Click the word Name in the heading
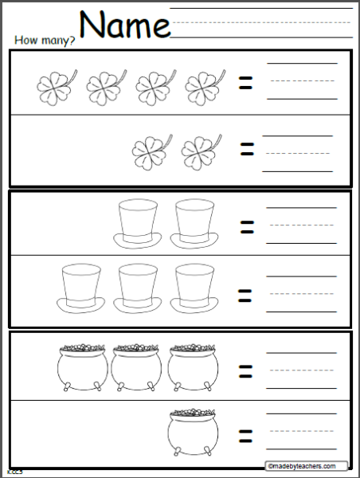click(x=126, y=25)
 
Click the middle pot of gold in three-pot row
click(x=136, y=365)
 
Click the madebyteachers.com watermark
click(x=308, y=466)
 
